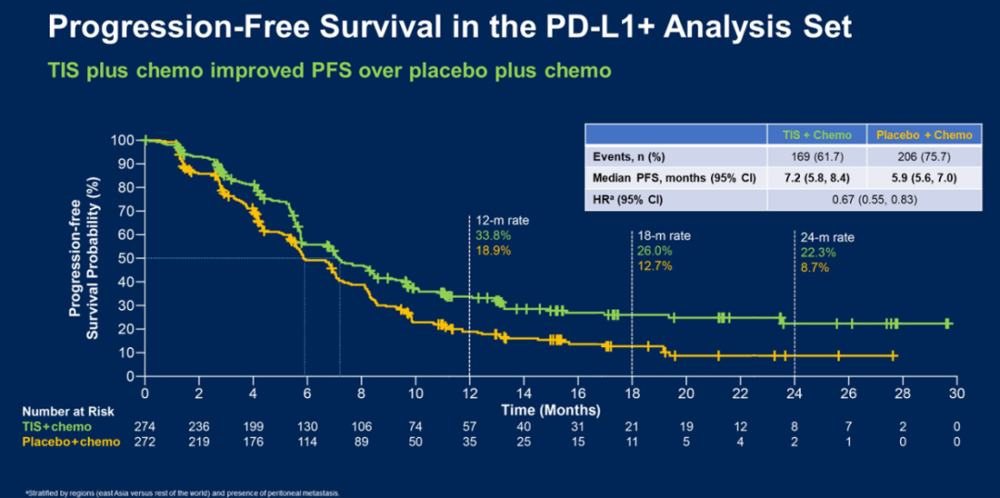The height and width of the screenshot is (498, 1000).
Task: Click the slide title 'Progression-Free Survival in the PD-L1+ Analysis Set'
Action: point(449,27)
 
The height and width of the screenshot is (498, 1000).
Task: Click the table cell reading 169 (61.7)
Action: point(817,156)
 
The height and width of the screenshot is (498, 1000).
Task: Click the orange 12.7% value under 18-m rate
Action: point(656,266)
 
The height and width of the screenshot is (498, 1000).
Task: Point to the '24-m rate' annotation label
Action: point(826,237)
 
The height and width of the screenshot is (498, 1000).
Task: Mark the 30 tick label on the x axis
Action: point(956,392)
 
